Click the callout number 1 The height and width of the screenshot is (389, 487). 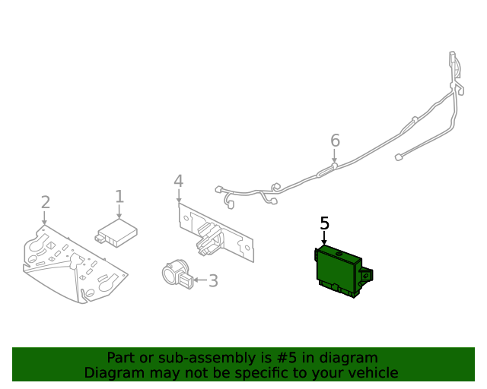[119, 197]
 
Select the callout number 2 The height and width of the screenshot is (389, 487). [46, 202]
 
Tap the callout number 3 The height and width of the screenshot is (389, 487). [213, 281]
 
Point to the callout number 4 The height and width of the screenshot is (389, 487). [178, 181]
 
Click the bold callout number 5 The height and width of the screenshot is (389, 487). [325, 223]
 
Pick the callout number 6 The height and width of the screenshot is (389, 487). [335, 141]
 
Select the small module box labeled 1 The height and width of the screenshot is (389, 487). [116, 233]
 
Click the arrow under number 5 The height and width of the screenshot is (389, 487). [325, 239]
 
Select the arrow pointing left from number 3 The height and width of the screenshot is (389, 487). [199, 280]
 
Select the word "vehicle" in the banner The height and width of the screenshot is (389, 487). [372, 373]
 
